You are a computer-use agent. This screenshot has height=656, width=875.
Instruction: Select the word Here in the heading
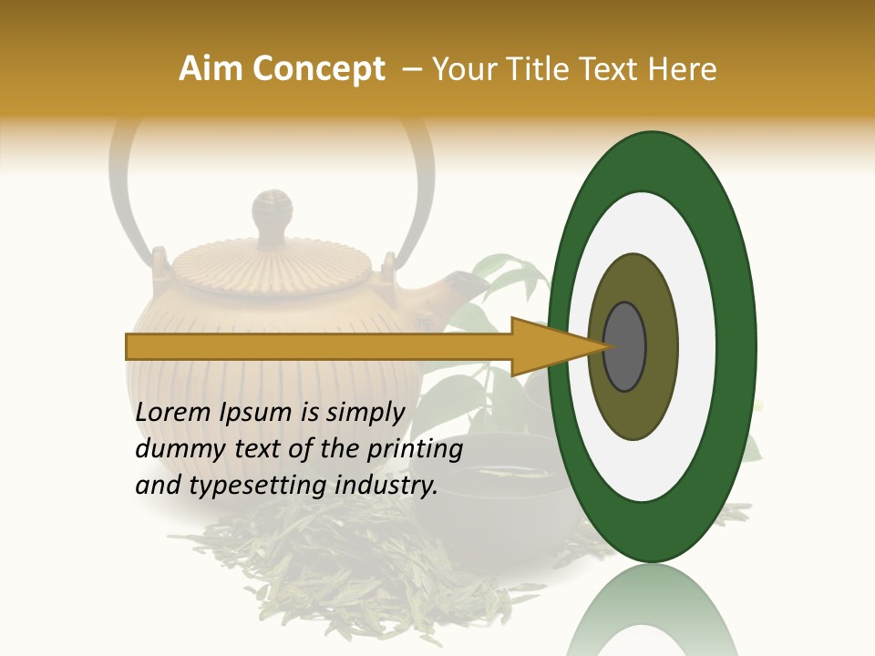682,69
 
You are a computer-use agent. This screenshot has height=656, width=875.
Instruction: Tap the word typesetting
252,487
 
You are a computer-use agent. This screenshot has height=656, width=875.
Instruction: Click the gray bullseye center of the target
625,346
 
